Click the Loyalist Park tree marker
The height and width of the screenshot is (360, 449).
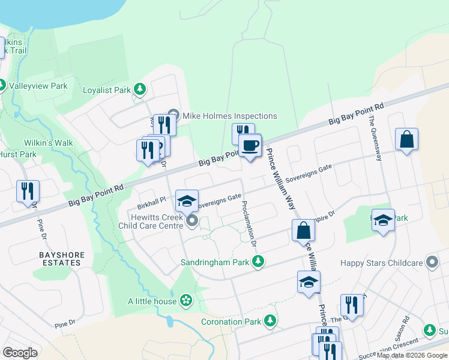coord(140,90)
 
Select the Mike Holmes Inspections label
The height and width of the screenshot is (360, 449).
coord(230,116)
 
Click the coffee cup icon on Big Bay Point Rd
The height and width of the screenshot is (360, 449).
coord(250,145)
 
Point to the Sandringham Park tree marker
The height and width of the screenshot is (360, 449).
coord(258,262)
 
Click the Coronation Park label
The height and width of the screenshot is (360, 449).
coord(231,322)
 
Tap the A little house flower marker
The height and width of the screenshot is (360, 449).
coord(187,301)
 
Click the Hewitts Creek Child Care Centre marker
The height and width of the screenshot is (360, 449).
coord(192,223)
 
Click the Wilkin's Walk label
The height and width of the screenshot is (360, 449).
coord(48,143)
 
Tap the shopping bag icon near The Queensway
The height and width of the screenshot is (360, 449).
coord(406,139)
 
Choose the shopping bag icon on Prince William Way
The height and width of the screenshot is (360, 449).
coord(304,230)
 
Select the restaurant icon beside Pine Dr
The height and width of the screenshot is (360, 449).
coord(28,191)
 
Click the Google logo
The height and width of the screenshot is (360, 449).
coord(20,353)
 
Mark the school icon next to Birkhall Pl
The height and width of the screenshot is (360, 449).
coord(187,200)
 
